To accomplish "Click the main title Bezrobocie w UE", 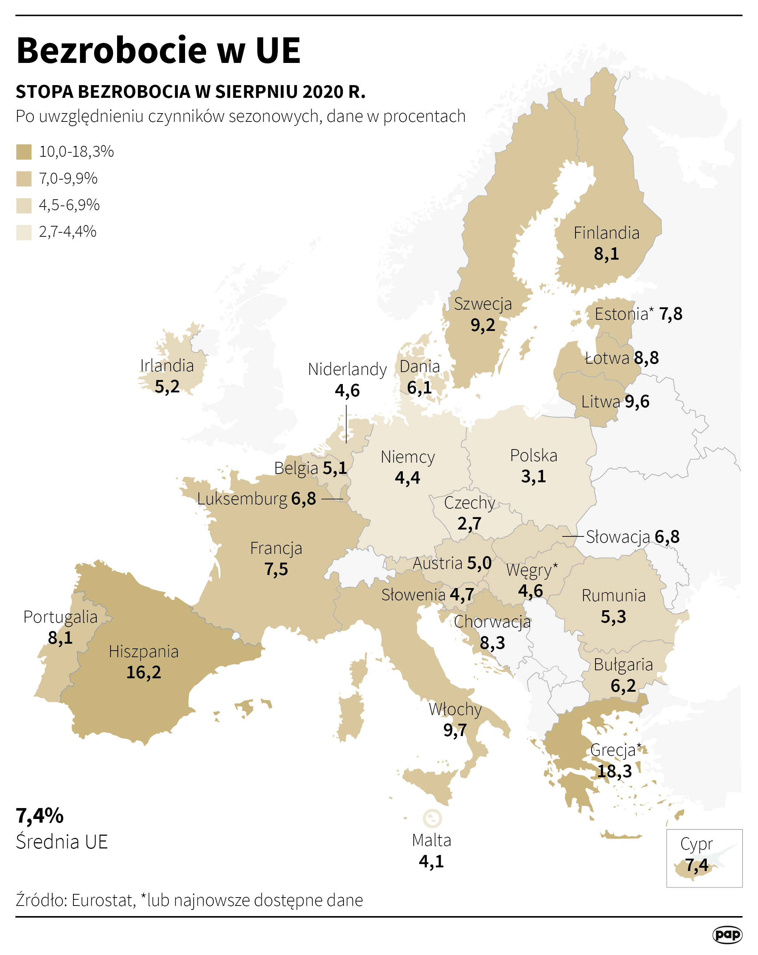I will (158, 51).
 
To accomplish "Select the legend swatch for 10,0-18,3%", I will (24, 152).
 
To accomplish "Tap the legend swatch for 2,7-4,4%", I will (24, 232).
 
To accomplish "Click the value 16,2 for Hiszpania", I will (144, 672).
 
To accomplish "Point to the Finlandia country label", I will (606, 233).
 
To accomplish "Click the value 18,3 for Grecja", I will (614, 771).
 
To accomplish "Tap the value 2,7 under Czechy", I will (469, 524).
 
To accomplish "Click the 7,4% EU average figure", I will (40, 815).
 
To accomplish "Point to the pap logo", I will (727, 935).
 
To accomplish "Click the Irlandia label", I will (167, 366).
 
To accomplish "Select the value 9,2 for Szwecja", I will (482, 325).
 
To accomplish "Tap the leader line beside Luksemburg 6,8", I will (332, 499).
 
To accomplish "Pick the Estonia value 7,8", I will (670, 314).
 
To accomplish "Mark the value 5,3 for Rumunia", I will (613, 616).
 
